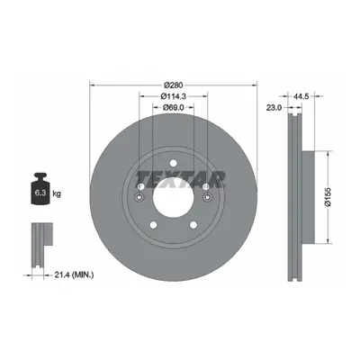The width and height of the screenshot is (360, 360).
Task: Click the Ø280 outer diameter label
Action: click(174, 85)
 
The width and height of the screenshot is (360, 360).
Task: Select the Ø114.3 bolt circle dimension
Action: click(174, 96)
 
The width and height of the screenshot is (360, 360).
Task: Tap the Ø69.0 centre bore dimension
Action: click(174, 107)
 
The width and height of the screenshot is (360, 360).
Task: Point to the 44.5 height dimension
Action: click(298, 96)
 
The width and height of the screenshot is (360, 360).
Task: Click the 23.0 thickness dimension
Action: click(274, 107)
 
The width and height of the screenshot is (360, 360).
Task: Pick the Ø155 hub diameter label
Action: click(328, 196)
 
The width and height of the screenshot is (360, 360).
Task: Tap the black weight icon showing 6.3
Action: click(40, 189)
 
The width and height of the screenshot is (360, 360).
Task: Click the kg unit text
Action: click(57, 193)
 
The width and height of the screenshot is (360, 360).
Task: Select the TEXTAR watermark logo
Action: click(181, 179)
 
